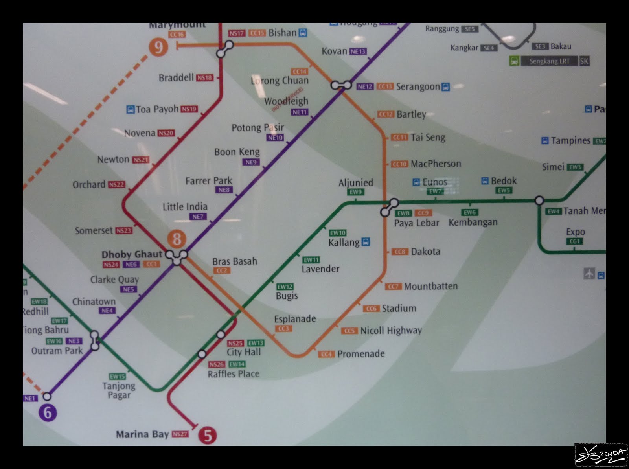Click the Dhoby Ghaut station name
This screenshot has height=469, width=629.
pos(132,254)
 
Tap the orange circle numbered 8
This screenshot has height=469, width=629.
pos(177,239)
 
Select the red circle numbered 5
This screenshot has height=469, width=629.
pos(208,435)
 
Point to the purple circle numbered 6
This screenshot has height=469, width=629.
pos(48,413)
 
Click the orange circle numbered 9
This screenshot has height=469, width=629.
pos(158,48)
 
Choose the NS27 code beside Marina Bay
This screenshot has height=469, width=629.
pos(180,434)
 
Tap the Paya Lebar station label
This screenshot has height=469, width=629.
pos(417,223)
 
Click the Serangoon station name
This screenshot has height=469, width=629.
pos(417,86)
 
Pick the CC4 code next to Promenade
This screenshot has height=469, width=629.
pos(326,354)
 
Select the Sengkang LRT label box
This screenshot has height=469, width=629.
pos(549,61)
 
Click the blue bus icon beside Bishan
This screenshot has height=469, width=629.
pos(303,33)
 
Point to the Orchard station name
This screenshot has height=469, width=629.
pos(89,184)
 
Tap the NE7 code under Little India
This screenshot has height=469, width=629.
pos(198,217)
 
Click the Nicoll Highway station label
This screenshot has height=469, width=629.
pos(391,331)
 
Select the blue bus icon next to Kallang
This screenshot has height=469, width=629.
pos(366,242)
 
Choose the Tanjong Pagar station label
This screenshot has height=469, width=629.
pos(119,390)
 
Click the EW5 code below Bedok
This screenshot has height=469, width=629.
pos(504,191)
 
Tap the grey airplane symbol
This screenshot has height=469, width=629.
pos(589,273)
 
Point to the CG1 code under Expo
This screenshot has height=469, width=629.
pos(575,241)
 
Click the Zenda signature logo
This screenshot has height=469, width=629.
pos(601,455)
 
